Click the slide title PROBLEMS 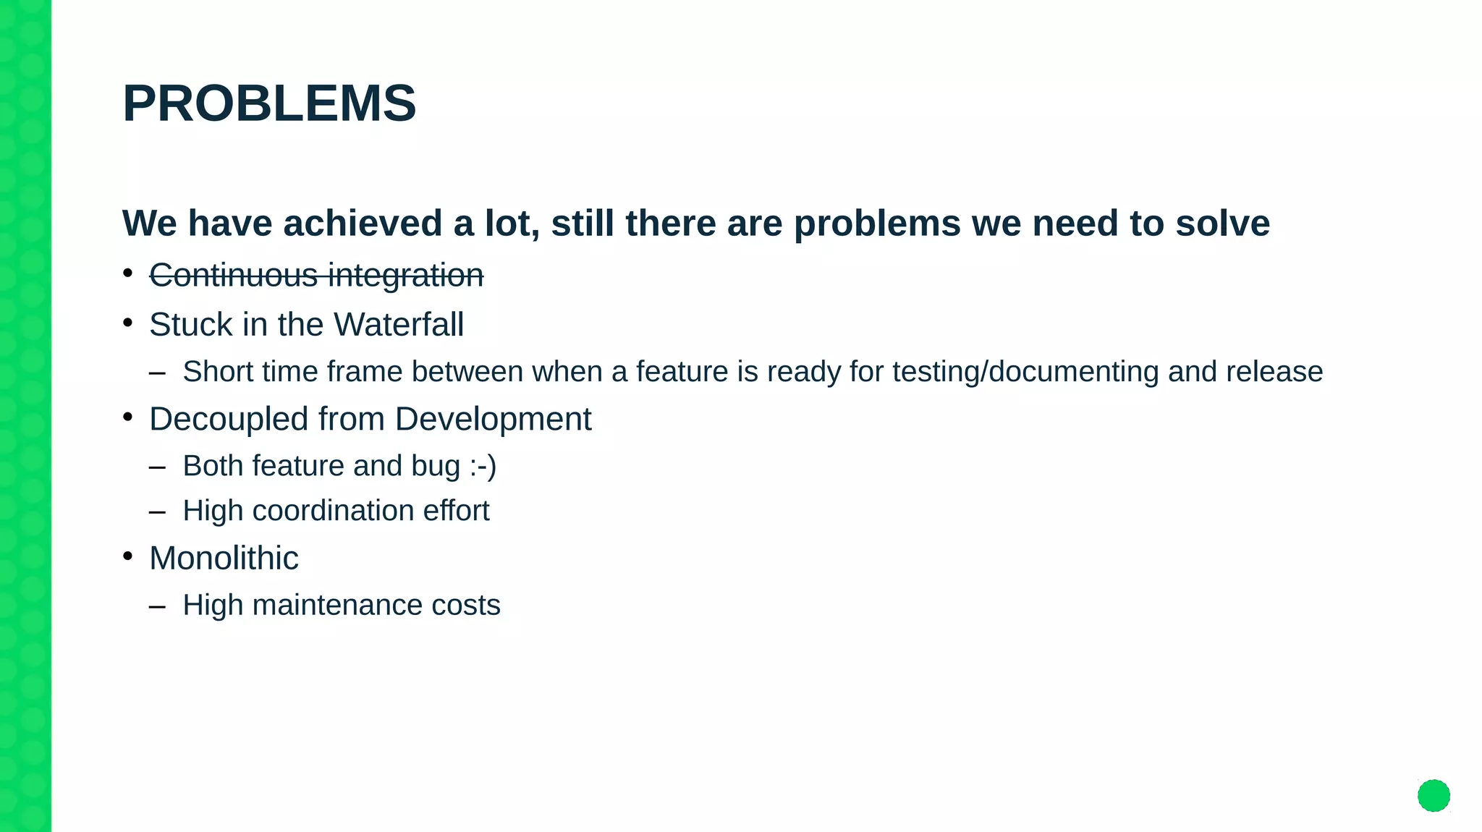pyautogui.click(x=269, y=103)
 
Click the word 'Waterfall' pyautogui.click(x=399, y=324)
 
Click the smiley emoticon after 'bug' pyautogui.click(x=483, y=466)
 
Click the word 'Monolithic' pyautogui.click(x=224, y=559)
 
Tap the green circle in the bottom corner pyautogui.click(x=1434, y=796)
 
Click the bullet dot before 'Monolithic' pyautogui.click(x=128, y=556)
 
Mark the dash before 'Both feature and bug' pyautogui.click(x=157, y=467)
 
